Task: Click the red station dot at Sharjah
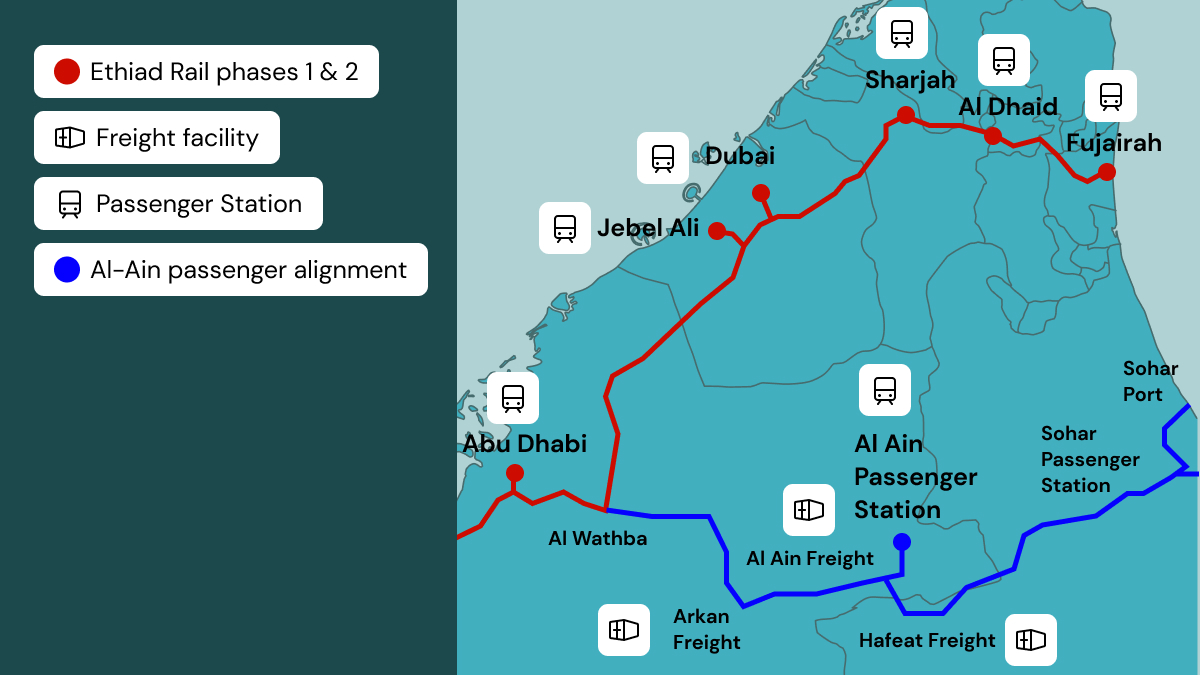905,115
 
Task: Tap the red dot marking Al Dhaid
992,136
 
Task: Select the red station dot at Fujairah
1106,172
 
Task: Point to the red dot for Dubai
761,193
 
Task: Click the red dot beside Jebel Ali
717,231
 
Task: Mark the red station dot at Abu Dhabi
515,473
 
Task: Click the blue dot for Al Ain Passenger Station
902,542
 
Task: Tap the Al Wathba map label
598,539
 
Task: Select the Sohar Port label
1150,381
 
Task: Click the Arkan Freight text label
707,629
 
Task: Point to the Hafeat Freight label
927,640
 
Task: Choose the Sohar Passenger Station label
1090,459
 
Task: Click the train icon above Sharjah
902,33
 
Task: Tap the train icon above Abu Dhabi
513,398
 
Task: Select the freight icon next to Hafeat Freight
1031,640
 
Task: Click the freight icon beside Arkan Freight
624,630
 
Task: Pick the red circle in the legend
67,71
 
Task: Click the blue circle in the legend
67,270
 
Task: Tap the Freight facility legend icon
69,138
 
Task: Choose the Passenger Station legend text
199,204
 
